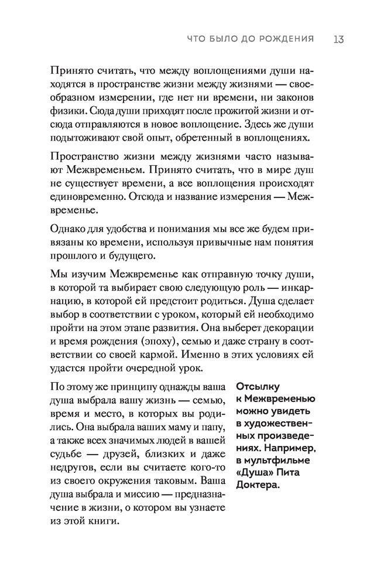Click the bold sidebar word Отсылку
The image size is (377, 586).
(x=255, y=386)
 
